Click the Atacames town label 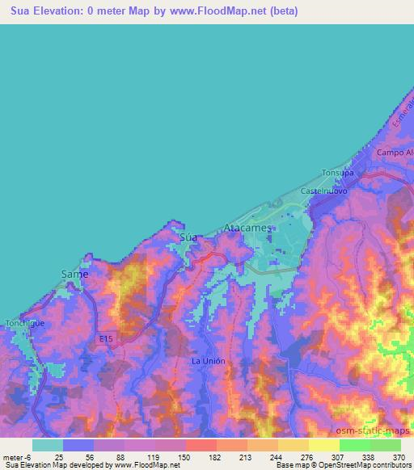pos(248,229)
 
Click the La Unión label pos(208,360)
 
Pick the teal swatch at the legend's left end pos(48,444)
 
